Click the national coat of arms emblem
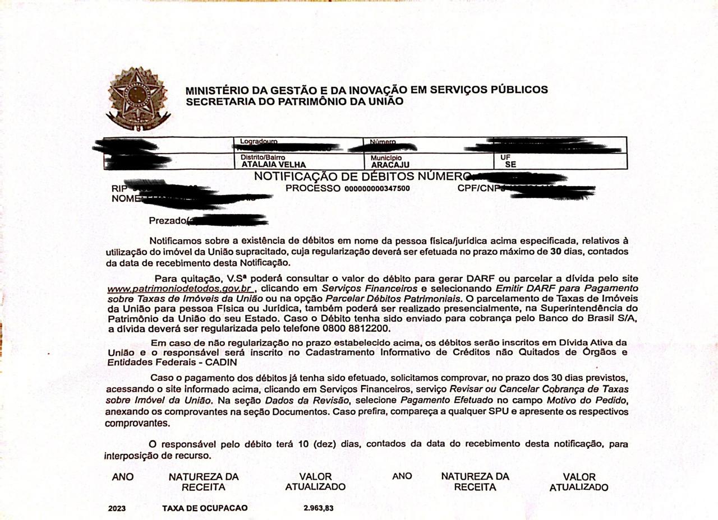pos(137,96)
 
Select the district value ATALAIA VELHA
pos(274,165)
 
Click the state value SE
pos(510,165)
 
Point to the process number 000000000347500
pos(377,188)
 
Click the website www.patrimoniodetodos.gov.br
pos(181,289)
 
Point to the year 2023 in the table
pos(118,508)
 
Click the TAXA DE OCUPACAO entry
pos(205,508)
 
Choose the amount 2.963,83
pos(317,508)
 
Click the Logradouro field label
pos(259,141)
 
